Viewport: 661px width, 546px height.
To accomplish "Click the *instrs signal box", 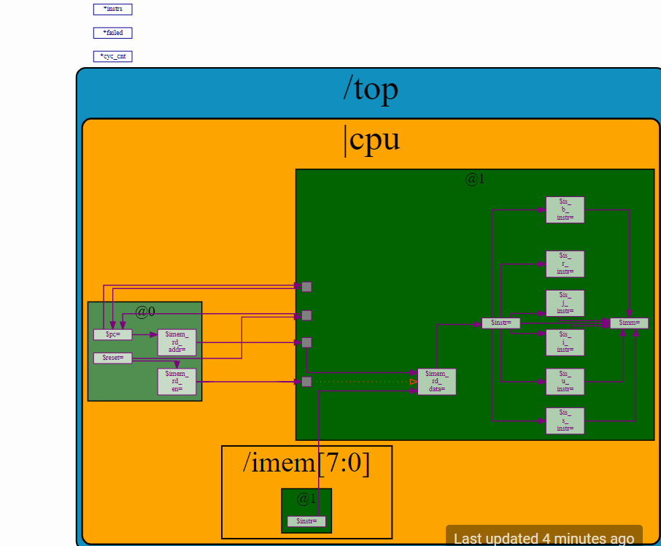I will point(112,9).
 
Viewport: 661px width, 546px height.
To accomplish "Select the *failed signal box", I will point(112,33).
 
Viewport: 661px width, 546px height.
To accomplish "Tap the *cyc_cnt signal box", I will point(112,56).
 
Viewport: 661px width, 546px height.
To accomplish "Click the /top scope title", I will point(371,89).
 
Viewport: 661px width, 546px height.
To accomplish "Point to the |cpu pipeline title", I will point(372,139).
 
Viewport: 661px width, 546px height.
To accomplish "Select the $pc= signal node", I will point(113,334).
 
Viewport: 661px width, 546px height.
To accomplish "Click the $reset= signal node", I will point(113,358).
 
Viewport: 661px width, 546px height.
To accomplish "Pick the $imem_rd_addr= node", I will point(177,342).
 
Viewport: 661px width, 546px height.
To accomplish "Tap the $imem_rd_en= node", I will point(177,381).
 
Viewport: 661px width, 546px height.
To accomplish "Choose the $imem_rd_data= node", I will point(436,381).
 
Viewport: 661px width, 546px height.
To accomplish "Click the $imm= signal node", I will point(629,323).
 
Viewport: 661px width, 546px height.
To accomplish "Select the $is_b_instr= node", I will point(565,209).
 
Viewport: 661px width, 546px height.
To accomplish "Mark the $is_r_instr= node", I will point(565,264).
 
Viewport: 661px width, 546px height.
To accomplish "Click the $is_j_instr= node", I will point(565,303).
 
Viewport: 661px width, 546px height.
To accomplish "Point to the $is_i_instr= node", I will point(565,342).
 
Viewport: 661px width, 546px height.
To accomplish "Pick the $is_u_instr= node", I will point(565,381).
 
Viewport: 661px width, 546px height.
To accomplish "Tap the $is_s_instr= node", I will point(565,420).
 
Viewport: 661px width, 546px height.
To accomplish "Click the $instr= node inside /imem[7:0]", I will point(306,521).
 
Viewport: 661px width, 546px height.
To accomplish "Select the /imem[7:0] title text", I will point(306,464).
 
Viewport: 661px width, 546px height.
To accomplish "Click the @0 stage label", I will point(145,312).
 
